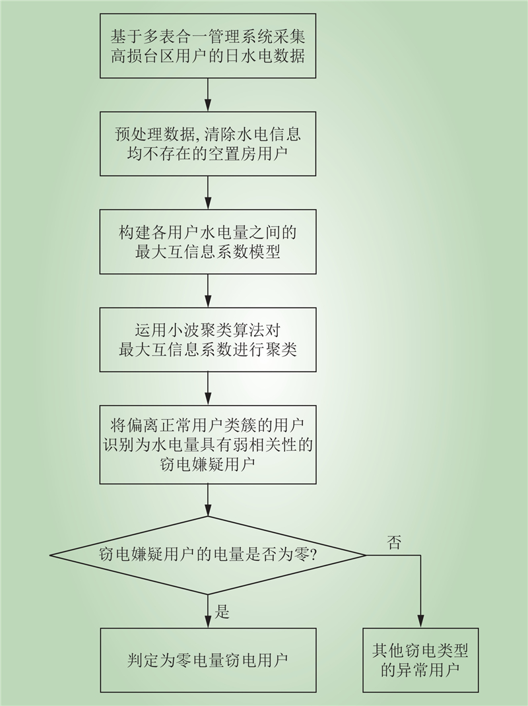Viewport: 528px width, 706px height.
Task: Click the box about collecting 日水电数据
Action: (208, 46)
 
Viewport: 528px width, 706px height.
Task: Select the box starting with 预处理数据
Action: (208, 144)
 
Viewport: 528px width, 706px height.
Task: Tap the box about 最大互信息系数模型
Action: (208, 241)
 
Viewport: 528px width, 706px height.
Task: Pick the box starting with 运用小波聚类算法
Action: (208, 340)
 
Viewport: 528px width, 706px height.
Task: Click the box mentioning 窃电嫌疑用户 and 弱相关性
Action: (208, 445)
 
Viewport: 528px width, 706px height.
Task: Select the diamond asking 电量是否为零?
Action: (208, 555)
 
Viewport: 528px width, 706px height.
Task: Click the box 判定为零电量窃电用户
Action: (208, 660)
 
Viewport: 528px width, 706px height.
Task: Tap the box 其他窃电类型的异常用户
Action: (420, 660)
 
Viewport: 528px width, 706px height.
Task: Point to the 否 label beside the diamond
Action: (394, 542)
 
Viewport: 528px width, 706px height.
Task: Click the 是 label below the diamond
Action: (222, 612)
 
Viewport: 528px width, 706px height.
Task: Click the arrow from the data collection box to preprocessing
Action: (208, 94)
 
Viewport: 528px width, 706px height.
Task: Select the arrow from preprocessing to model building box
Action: (208, 193)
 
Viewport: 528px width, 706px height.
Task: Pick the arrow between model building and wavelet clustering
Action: (208, 291)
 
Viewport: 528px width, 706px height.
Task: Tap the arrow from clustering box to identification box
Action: (208, 389)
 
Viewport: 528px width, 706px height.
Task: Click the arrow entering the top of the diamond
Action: (208, 499)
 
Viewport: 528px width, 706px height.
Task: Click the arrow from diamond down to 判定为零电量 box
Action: (208, 612)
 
